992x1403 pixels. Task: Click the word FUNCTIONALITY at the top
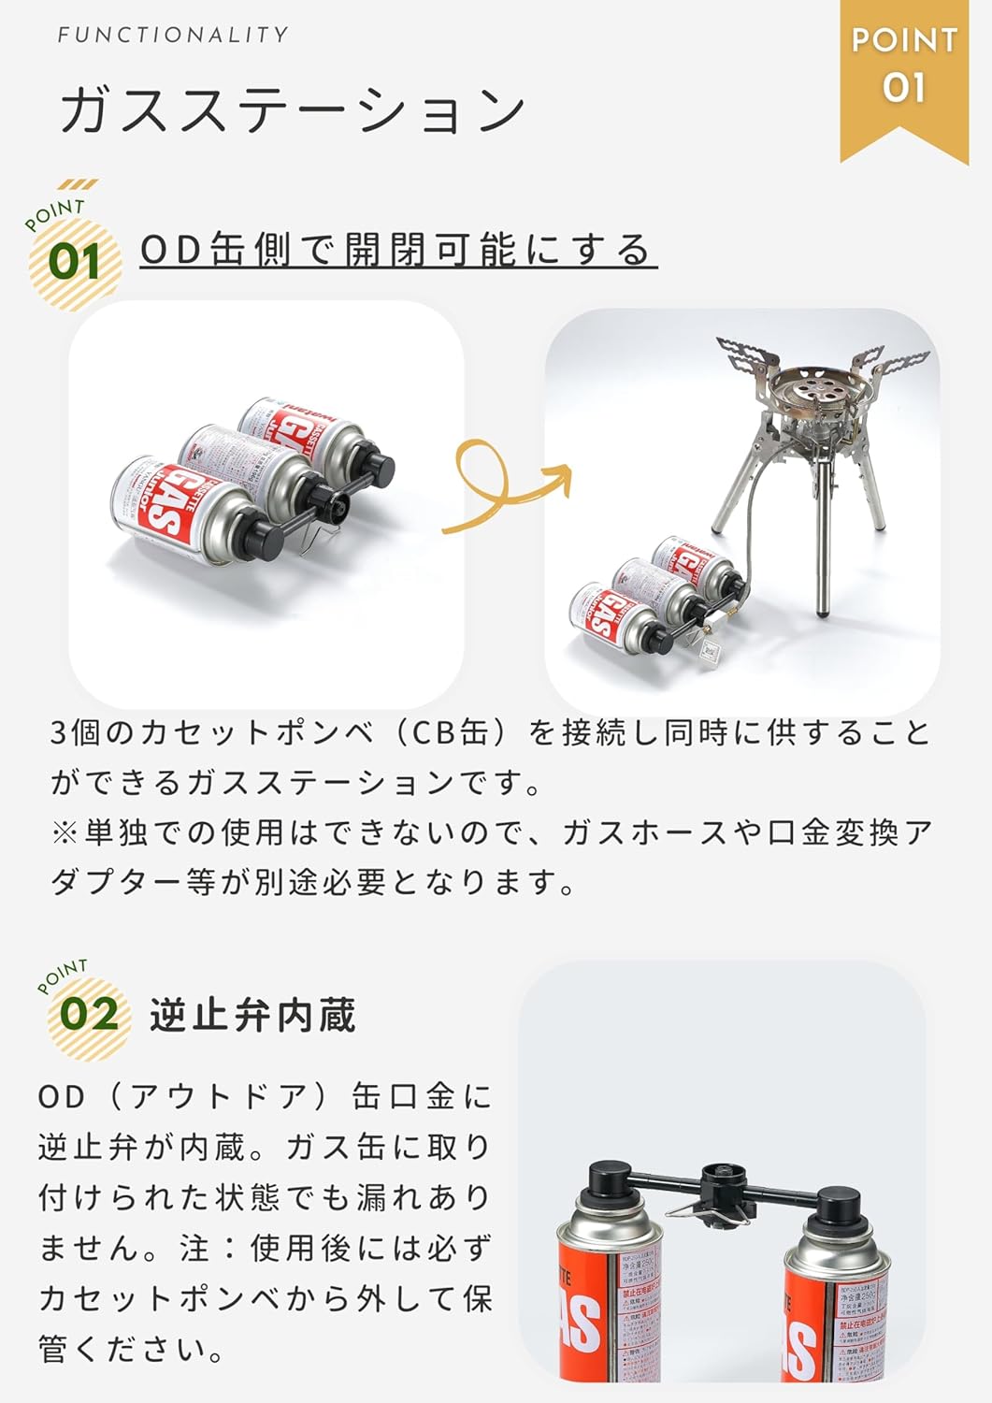[173, 36]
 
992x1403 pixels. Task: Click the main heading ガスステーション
[293, 109]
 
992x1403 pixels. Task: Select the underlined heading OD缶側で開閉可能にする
[397, 251]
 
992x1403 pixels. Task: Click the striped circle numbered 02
[89, 1015]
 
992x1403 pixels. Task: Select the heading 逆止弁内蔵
[252, 1016]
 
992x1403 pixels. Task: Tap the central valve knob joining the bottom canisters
[717, 1180]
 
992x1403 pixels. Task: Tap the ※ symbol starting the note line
[65, 832]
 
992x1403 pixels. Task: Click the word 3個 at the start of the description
[75, 732]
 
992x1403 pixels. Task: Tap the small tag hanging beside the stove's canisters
[708, 652]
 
